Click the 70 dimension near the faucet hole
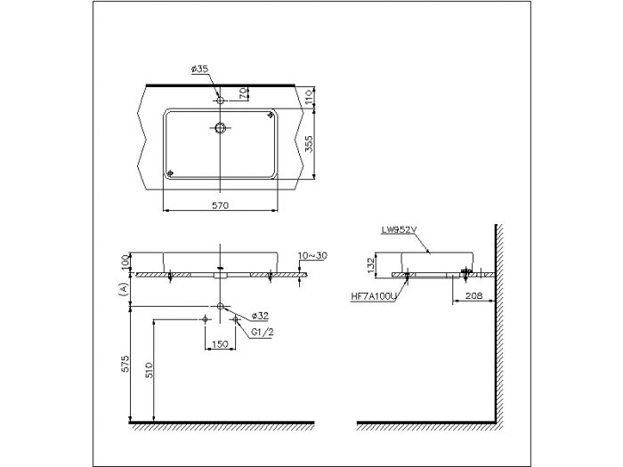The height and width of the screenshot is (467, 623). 241,93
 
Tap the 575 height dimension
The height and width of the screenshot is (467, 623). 125,364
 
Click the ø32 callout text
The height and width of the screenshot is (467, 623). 260,316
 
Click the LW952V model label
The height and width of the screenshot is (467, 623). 400,229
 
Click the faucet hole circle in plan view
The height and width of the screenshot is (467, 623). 219,100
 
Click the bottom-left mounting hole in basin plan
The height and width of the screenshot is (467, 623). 171,173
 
